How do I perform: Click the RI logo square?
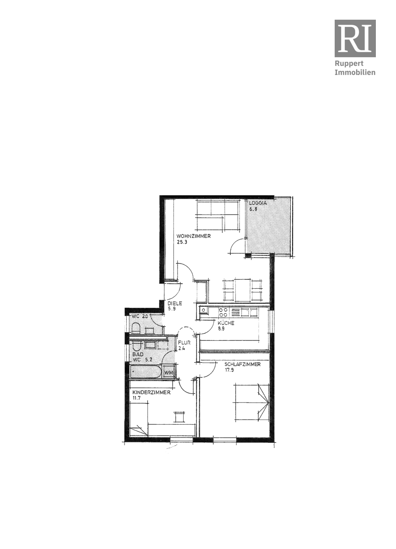(x=355, y=38)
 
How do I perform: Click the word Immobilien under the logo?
(x=355, y=73)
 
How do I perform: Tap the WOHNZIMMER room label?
(x=194, y=236)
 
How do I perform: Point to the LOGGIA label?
(x=258, y=203)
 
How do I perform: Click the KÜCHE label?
(x=226, y=323)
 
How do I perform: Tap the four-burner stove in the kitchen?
(x=223, y=312)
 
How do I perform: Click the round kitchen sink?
(x=203, y=310)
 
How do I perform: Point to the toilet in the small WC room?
(x=136, y=328)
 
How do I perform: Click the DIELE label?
(x=175, y=303)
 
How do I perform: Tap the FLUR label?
(x=184, y=343)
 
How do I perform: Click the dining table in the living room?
(x=243, y=290)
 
